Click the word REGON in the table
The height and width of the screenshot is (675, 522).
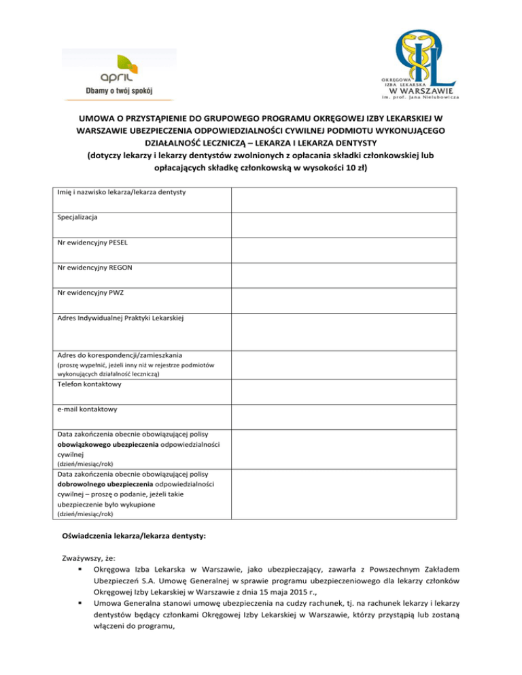pos(118,268)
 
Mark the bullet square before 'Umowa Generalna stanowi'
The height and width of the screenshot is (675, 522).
pos(81,606)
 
